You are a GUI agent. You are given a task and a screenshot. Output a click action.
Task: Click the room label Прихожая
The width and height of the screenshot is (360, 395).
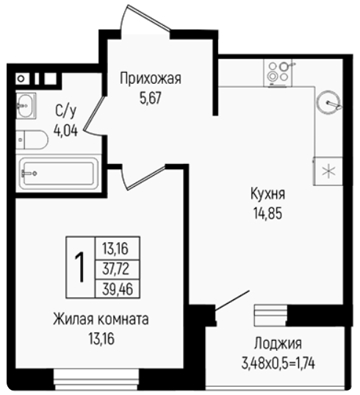click(151, 79)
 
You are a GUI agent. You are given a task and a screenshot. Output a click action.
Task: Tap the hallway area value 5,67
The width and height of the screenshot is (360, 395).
click(151, 98)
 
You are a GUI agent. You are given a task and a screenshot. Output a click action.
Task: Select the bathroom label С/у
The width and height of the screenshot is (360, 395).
click(65, 111)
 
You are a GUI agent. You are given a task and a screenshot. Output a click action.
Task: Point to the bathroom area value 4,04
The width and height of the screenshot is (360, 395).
click(65, 130)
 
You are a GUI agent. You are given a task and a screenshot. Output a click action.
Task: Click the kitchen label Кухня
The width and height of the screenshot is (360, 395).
click(268, 194)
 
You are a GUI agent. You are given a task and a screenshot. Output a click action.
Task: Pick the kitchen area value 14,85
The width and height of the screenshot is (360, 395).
click(268, 213)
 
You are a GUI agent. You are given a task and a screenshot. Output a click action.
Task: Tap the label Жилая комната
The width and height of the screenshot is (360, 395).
click(101, 319)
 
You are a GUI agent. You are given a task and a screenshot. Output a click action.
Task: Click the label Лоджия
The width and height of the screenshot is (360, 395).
click(278, 344)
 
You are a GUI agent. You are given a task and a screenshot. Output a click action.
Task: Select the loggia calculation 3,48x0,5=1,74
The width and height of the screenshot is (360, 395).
click(278, 363)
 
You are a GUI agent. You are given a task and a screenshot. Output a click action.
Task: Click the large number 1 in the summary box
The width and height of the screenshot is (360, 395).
click(80, 267)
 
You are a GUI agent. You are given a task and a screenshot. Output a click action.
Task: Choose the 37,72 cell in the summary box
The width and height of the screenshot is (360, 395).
click(116, 268)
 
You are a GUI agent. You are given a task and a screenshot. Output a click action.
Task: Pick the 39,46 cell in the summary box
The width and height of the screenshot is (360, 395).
click(118, 288)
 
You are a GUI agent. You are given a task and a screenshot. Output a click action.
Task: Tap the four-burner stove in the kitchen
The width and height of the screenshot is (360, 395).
click(278, 73)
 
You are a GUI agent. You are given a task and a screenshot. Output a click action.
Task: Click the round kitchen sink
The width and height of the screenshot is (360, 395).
click(328, 102)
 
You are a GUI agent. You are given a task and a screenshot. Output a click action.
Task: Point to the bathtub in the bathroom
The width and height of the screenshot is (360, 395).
click(59, 174)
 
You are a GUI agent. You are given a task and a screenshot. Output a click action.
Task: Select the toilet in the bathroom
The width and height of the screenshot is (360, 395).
click(32, 140)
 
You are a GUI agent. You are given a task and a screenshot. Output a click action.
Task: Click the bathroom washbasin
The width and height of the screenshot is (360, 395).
click(26, 105)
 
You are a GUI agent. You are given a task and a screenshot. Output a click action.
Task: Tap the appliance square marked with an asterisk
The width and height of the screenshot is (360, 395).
click(328, 171)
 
